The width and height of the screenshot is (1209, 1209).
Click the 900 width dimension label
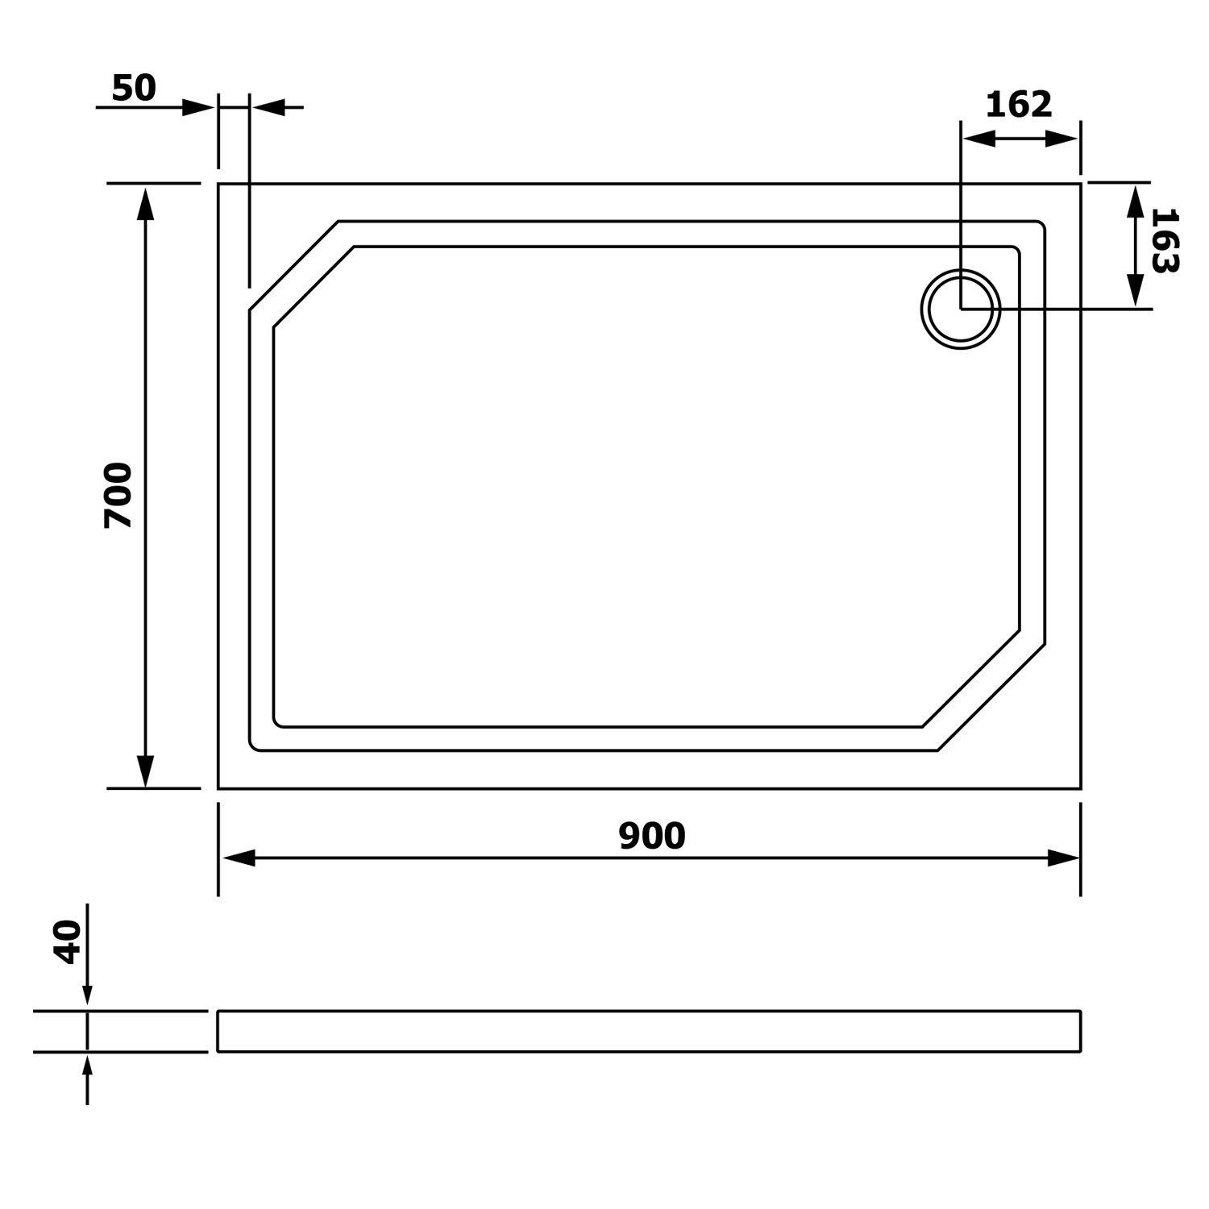point(652,836)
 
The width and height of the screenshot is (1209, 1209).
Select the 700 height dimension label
point(118,495)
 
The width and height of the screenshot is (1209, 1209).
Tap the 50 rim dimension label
point(134,88)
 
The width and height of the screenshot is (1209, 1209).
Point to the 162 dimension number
point(1019,105)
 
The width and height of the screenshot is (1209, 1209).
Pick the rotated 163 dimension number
point(1165,240)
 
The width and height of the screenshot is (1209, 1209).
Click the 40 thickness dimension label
point(68,941)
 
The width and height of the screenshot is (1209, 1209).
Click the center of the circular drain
point(961,309)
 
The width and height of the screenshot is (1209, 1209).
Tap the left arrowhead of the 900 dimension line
point(238,858)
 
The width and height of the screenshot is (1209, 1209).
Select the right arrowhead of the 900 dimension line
point(1063,858)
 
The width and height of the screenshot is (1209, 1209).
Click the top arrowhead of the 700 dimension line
point(145,203)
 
